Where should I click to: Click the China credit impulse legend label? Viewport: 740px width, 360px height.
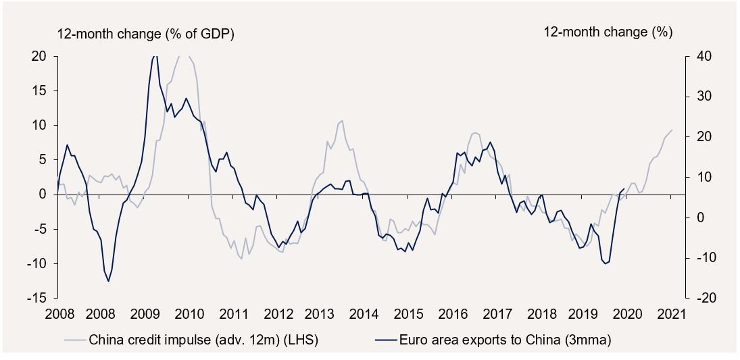point(203,340)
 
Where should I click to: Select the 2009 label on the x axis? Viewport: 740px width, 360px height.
point(145,314)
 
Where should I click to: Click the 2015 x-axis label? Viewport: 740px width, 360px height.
point(409,314)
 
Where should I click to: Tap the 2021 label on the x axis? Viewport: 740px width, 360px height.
point(672,314)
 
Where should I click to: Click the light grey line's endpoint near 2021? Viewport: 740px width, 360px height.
point(672,130)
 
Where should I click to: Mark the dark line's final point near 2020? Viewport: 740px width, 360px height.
point(623,189)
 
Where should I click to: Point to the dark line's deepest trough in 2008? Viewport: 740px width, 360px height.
point(108,281)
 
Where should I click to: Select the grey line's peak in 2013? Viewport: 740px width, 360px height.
point(342,121)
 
